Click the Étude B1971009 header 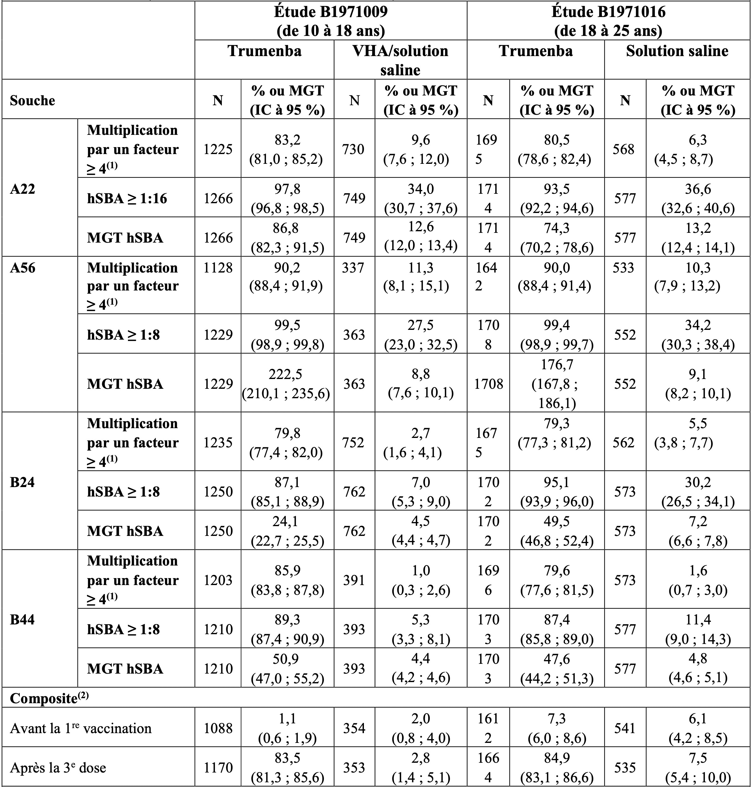click(x=331, y=21)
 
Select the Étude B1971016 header click(x=608, y=21)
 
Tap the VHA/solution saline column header click(x=400, y=60)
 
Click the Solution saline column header click(x=677, y=51)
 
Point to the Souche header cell click(x=32, y=101)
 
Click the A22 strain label click(x=22, y=189)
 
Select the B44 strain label click(x=22, y=619)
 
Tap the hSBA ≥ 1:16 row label click(x=127, y=198)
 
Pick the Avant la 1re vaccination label click(x=81, y=728)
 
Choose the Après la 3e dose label click(x=58, y=768)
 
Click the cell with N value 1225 click(x=218, y=149)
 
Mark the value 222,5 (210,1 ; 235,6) click(x=286, y=383)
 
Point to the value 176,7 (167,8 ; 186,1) click(x=557, y=383)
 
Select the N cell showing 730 click(x=353, y=149)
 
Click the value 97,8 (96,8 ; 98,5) click(x=287, y=198)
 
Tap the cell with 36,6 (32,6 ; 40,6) click(x=698, y=198)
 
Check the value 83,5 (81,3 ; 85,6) click(x=287, y=768)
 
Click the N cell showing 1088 click(x=218, y=728)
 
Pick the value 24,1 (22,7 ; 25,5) click(x=287, y=531)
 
